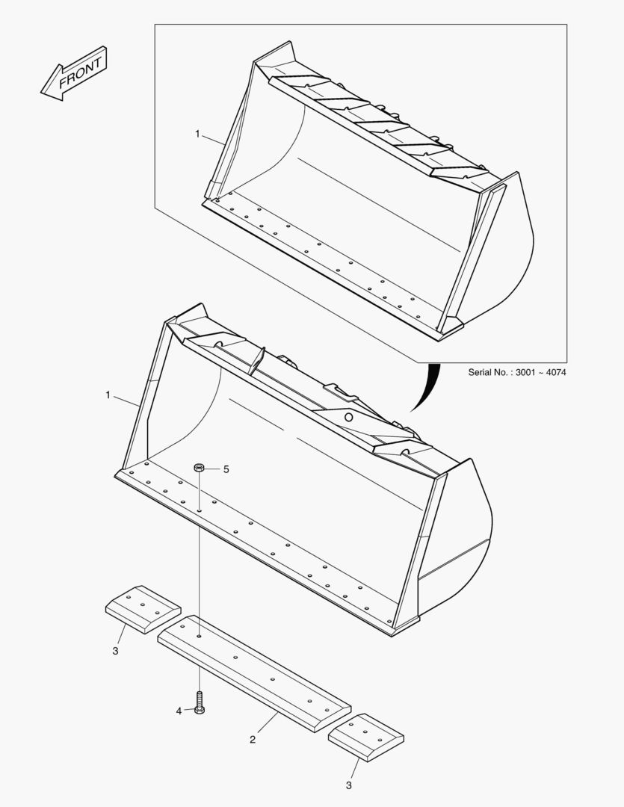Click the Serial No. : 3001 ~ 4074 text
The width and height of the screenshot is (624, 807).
coord(516,371)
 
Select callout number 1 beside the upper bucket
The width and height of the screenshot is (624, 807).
coord(197,134)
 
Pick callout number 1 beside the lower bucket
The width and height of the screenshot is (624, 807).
coord(108,395)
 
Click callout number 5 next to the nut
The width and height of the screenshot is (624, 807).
coord(226,469)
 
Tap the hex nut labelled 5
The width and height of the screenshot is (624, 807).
coord(200,469)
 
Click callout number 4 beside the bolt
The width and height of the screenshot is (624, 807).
coord(179,711)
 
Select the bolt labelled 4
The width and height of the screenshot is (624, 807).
coord(200,702)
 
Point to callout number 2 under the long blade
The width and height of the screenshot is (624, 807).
coord(253,739)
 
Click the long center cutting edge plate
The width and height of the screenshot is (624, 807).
coord(254,670)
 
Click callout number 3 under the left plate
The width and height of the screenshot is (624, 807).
coord(115,651)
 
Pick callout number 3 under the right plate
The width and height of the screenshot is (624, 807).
coord(348,785)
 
